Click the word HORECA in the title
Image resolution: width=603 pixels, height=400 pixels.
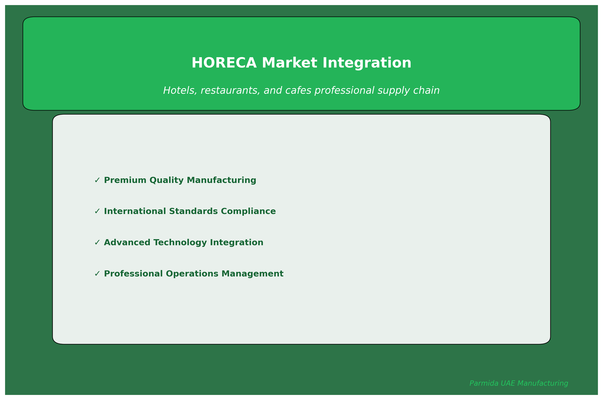tap(224, 63)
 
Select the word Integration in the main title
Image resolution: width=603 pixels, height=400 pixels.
tap(367, 63)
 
